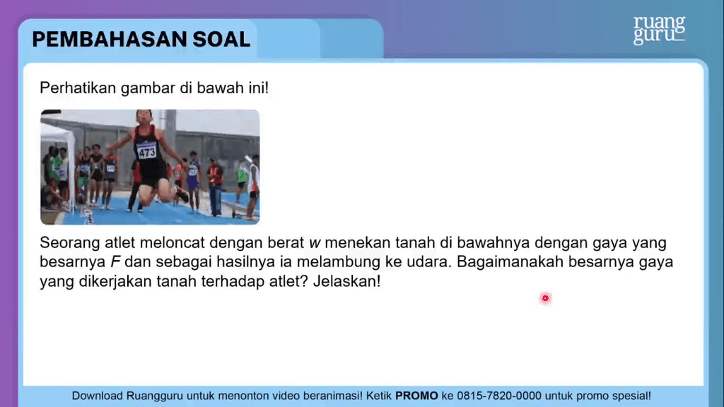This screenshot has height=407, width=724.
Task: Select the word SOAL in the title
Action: click(x=221, y=40)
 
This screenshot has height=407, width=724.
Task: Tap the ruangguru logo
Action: click(x=659, y=30)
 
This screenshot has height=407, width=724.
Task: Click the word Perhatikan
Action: click(x=78, y=88)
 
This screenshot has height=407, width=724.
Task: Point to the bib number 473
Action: click(x=147, y=152)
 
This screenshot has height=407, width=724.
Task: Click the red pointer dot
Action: click(x=545, y=298)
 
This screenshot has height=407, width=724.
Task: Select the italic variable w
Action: click(x=315, y=243)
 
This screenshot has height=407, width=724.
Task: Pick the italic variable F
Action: click(x=115, y=261)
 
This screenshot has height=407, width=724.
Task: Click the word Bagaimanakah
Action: click(x=510, y=261)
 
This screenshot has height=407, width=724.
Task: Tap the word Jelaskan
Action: click(x=346, y=281)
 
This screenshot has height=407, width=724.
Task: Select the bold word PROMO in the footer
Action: click(x=416, y=396)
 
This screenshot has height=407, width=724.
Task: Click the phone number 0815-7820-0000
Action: click(x=499, y=396)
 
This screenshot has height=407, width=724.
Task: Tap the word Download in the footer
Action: click(x=97, y=396)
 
